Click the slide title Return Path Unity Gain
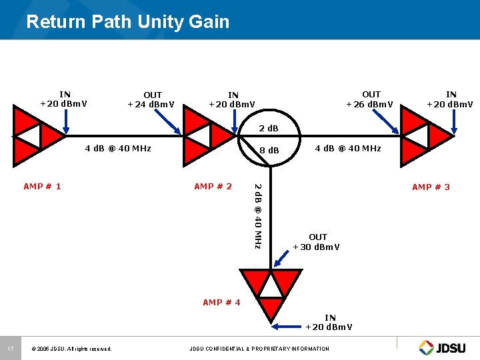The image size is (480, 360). pyautogui.click(x=127, y=22)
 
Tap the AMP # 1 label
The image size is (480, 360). pyautogui.click(x=42, y=187)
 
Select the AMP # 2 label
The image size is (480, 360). pyautogui.click(x=213, y=187)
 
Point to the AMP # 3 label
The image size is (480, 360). pyautogui.click(x=431, y=187)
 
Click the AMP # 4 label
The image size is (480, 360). pyautogui.click(x=221, y=303)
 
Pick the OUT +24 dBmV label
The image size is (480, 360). pyautogui.click(x=153, y=100)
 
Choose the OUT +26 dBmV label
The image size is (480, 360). pyautogui.click(x=371, y=99)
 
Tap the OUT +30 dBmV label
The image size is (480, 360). pyautogui.click(x=317, y=242)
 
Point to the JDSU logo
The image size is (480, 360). pyautogui.click(x=444, y=347)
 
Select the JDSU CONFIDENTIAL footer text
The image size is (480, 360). pyautogui.click(x=259, y=349)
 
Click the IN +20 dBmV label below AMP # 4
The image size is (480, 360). pyautogui.click(x=329, y=323)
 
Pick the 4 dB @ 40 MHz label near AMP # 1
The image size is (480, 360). pyautogui.click(x=117, y=148)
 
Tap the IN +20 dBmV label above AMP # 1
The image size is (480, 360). pyautogui.click(x=65, y=99)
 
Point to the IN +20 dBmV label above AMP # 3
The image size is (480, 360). pyautogui.click(x=451, y=99)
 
